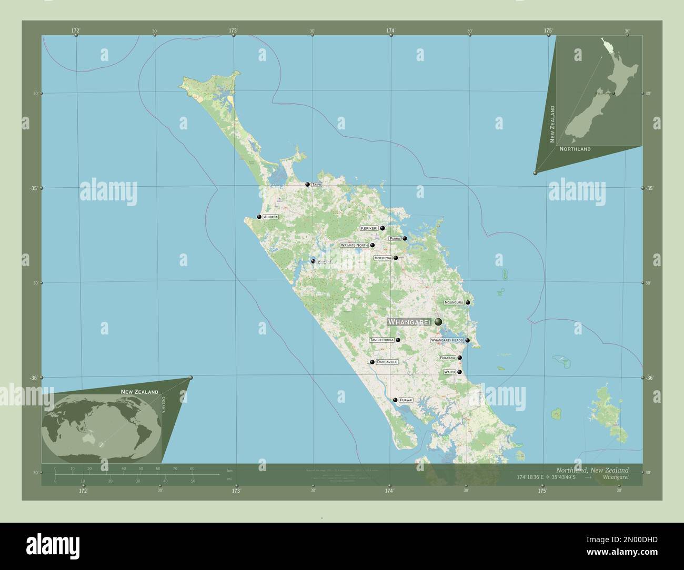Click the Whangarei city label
pyautogui.click(x=409, y=321)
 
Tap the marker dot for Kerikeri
pyautogui.click(x=383, y=228)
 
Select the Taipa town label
pyautogui.click(x=316, y=185)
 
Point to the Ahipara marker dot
pyautogui.click(x=259, y=217)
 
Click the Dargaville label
pyautogui.click(x=387, y=362)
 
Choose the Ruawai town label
pyautogui.click(x=406, y=400)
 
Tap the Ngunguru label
pyautogui.click(x=454, y=302)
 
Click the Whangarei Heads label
pyautogui.click(x=447, y=340)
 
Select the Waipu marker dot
pyautogui.click(x=459, y=372)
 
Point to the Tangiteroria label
pyautogui.click(x=382, y=340)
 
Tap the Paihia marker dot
pyautogui.click(x=405, y=238)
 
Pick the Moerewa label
pyautogui.click(x=383, y=258)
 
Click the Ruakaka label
pyautogui.click(x=447, y=358)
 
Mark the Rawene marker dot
pyautogui.click(x=313, y=261)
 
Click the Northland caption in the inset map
pyautogui.click(x=575, y=149)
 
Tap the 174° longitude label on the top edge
pyautogui.click(x=390, y=30)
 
